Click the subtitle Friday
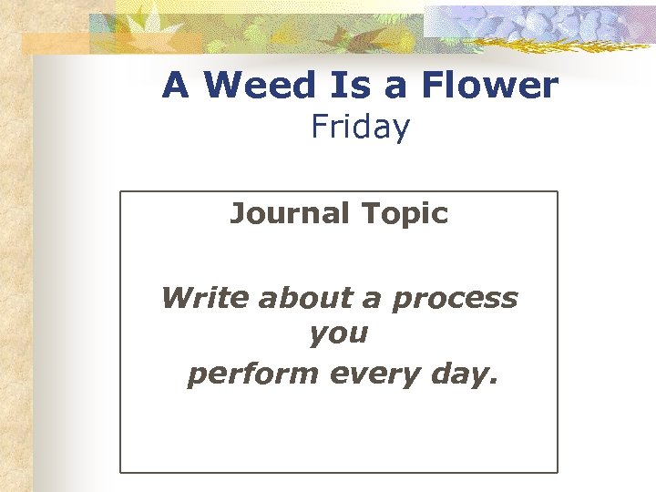click(x=360, y=127)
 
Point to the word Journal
click(x=290, y=213)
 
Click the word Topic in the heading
click(x=405, y=213)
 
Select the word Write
click(x=205, y=298)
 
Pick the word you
click(x=338, y=334)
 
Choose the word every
click(x=373, y=374)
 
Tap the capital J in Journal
click(x=236, y=213)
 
